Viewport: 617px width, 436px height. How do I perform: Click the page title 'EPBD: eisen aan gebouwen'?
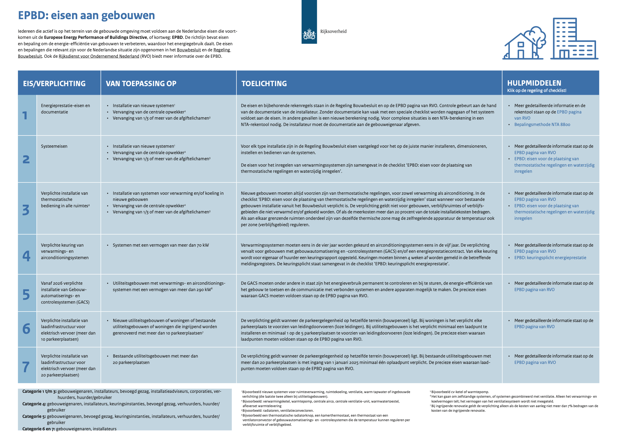pos(86,15)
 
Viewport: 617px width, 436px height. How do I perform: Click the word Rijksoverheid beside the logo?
pos(333,31)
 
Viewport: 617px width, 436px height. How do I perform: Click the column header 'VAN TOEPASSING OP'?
pos(141,84)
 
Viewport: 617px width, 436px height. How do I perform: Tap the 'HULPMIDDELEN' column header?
pos(534,83)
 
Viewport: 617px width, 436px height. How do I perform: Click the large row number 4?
pos(26,256)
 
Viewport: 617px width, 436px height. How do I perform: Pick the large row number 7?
pos(26,367)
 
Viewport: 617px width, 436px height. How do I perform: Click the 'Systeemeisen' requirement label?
pos(54,146)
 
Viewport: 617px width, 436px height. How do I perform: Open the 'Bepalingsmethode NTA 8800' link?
pos(542,124)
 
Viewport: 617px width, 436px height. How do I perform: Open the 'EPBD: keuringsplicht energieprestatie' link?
pos(550,258)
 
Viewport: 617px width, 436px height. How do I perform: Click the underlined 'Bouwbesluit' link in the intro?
pos(189,50)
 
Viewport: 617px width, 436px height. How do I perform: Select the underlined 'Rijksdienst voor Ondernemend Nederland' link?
pos(99,56)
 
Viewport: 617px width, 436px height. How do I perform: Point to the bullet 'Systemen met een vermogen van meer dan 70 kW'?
pos(161,245)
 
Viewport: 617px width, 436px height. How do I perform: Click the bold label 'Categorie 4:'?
pos(34,404)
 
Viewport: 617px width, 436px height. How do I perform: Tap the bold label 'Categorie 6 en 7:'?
pos(38,429)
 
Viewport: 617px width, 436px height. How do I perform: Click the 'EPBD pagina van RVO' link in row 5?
pos(534,290)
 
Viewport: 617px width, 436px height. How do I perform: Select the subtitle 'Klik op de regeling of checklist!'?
pos(536,90)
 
